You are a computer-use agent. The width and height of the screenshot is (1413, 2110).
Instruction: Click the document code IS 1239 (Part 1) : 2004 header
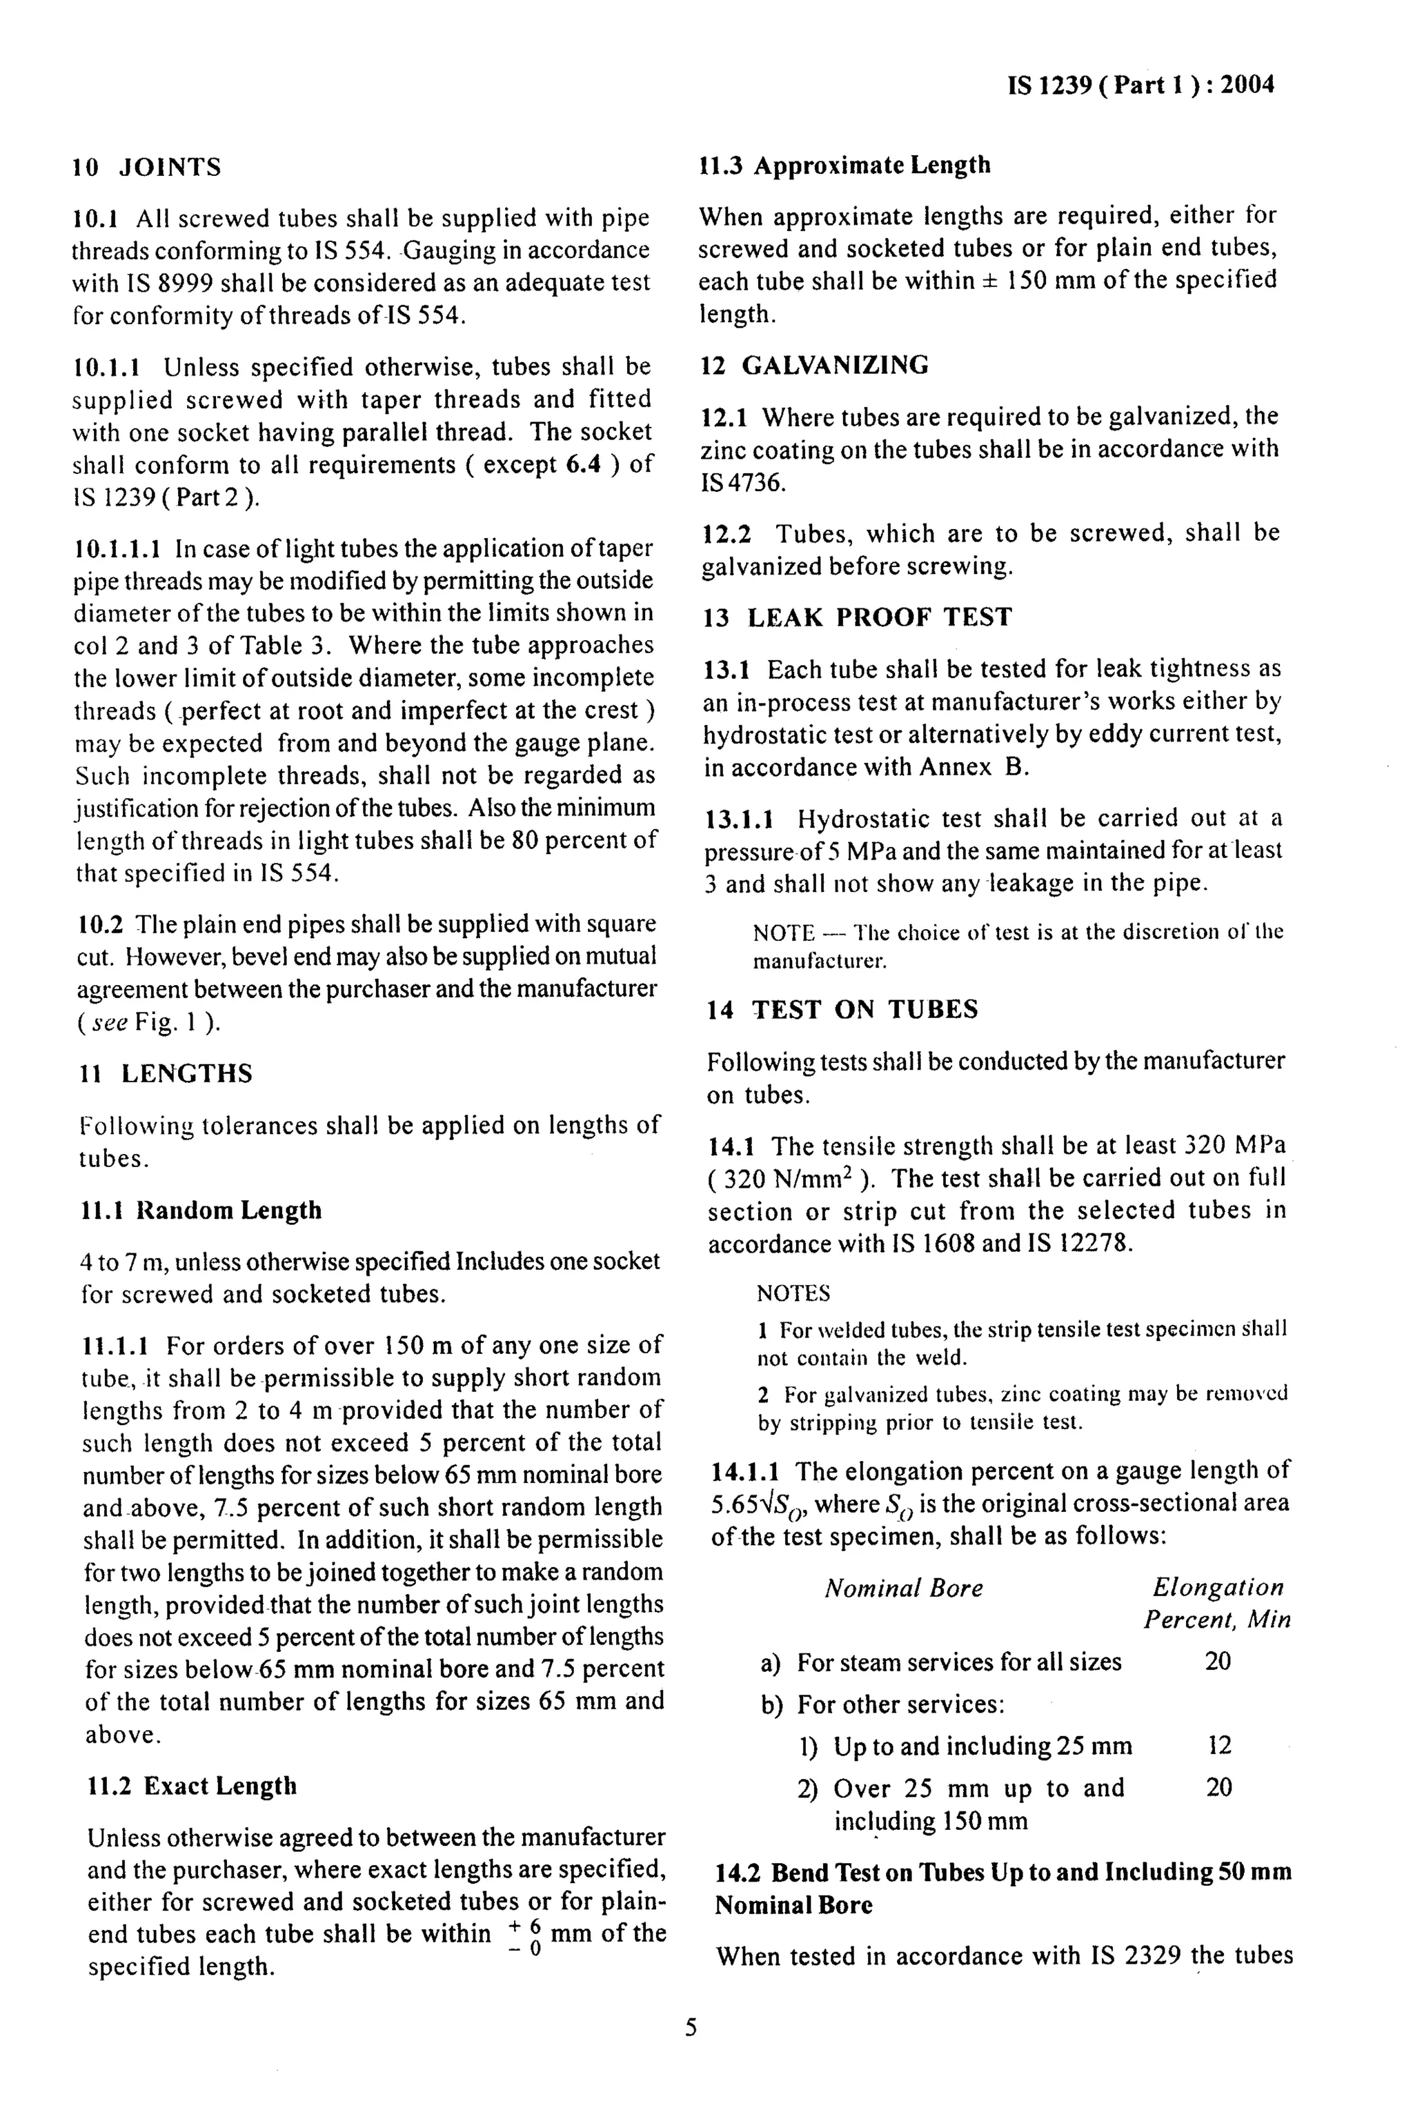1140,85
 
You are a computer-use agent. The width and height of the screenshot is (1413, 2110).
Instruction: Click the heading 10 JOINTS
147,168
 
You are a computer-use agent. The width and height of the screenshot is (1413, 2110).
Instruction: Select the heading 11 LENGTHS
166,1074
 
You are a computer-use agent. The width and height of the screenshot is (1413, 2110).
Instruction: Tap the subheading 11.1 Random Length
201,1210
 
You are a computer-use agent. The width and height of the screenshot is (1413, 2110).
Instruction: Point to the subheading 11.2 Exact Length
192,1786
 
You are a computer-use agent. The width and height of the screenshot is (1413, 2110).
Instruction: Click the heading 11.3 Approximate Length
845,165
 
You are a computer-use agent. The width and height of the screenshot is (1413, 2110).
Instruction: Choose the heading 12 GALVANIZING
815,365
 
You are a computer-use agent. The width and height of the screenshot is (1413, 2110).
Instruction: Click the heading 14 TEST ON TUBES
842,1009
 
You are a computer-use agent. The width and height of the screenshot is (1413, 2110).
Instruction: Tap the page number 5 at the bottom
691,2028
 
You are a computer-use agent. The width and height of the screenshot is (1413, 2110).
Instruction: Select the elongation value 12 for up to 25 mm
1218,1746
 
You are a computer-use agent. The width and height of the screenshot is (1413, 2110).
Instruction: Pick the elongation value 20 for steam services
1218,1662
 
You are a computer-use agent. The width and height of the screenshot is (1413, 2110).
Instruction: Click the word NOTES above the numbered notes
793,1294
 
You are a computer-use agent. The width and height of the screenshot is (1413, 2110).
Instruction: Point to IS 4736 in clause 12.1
742,482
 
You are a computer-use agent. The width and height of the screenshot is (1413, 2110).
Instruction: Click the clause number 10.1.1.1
117,548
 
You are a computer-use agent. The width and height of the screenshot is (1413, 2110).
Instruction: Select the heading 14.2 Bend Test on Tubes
1003,1873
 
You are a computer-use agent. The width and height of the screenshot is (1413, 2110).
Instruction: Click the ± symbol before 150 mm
990,281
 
